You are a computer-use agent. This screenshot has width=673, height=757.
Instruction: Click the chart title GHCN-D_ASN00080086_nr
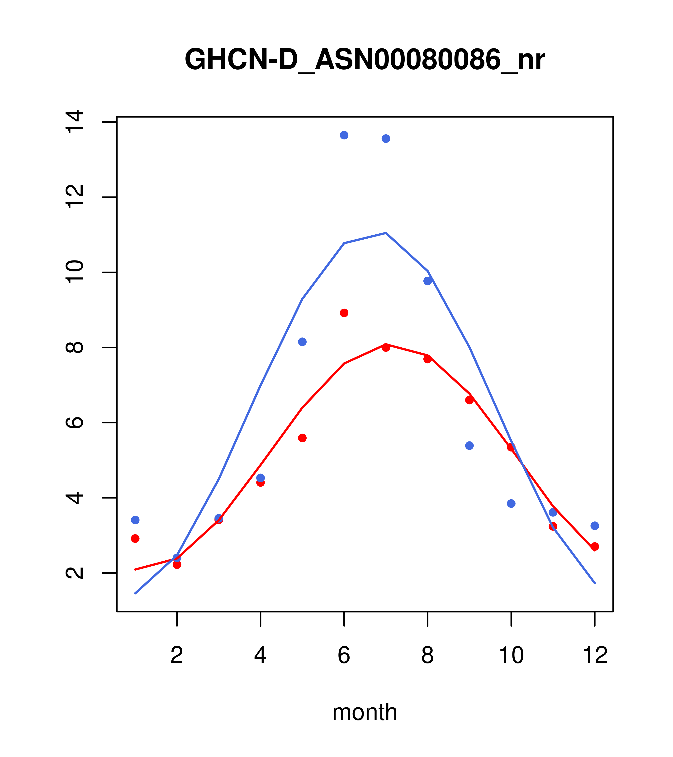365,60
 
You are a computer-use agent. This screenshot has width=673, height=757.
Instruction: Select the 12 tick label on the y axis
74,197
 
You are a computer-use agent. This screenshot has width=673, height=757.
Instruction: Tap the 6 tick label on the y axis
74,423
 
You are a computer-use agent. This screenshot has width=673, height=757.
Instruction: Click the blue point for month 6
344,135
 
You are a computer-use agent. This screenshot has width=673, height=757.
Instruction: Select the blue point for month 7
386,138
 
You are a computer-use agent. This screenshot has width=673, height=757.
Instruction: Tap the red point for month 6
344,313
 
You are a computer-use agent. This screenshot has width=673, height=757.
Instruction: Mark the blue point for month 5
302,342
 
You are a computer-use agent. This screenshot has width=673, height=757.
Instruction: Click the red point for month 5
302,438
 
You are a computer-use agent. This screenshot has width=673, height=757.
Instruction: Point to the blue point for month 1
135,520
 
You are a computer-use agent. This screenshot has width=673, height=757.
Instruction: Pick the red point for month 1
135,539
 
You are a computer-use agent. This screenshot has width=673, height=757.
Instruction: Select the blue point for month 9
469,445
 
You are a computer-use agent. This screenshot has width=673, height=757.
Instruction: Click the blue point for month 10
511,504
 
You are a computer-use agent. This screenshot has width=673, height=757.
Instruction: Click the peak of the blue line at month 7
386,233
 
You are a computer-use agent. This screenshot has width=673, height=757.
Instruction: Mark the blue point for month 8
428,281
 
